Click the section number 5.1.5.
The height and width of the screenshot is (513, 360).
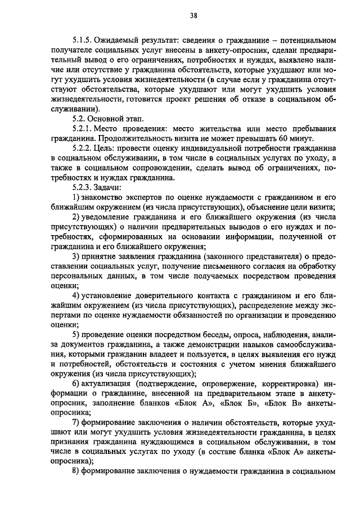tap(82, 41)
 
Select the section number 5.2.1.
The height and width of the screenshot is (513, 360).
tap(82, 129)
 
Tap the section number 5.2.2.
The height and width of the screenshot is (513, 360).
tap(82, 149)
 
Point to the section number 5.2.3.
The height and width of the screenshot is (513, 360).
tap(82, 187)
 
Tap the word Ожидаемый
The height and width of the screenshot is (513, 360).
tap(117, 41)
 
